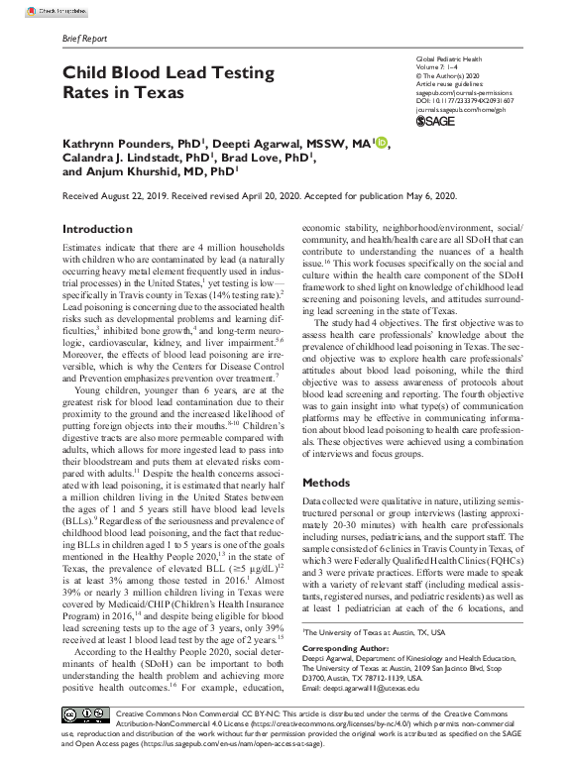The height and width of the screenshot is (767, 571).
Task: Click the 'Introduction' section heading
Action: (97, 229)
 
